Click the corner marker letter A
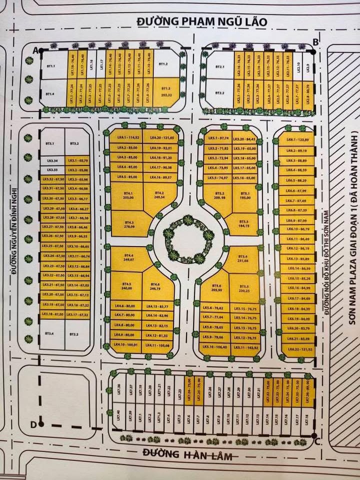pyautogui.click(x=35, y=50)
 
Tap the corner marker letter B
pyautogui.click(x=315, y=41)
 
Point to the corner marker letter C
pyautogui.click(x=317, y=441)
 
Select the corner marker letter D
pyautogui.click(x=33, y=425)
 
